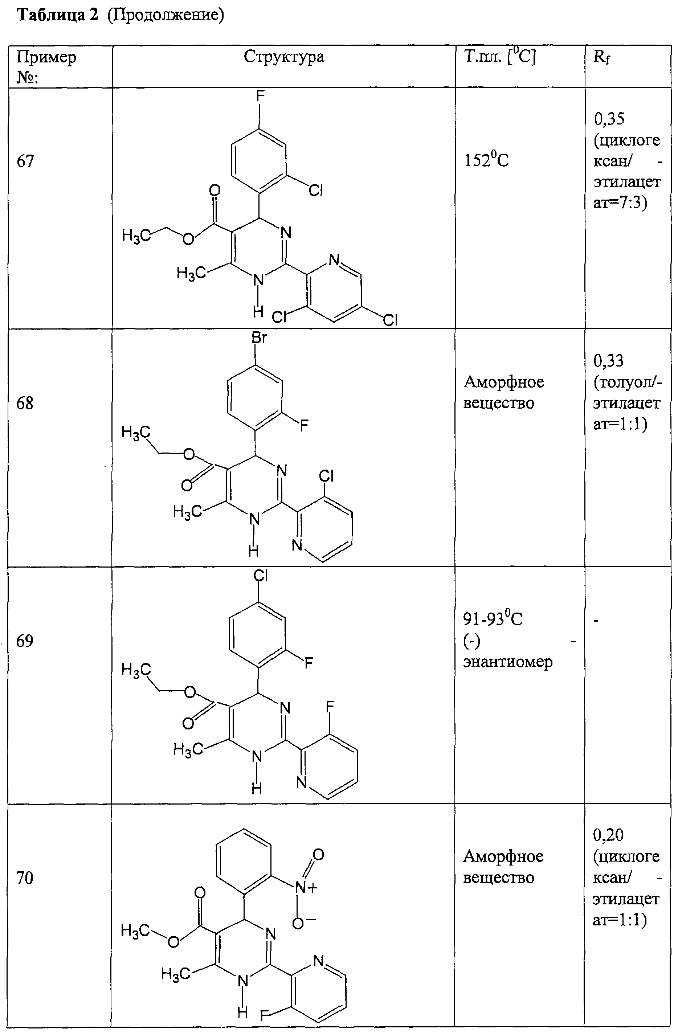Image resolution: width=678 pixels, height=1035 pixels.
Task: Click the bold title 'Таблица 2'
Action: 57,15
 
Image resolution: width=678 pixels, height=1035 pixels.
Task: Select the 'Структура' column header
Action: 284,57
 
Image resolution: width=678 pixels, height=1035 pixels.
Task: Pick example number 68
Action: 25,403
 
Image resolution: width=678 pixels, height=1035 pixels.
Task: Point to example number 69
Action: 25,641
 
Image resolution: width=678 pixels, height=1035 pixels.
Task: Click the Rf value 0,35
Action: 609,119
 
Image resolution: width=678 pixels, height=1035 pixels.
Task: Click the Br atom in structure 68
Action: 259,337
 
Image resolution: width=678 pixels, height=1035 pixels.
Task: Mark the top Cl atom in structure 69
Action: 261,575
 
